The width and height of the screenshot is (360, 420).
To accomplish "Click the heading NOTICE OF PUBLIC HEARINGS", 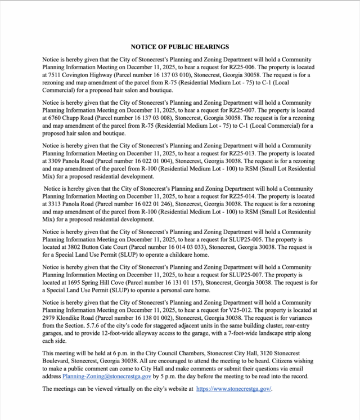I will click(179, 47).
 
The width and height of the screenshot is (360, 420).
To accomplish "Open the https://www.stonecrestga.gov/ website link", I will click(234, 389).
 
